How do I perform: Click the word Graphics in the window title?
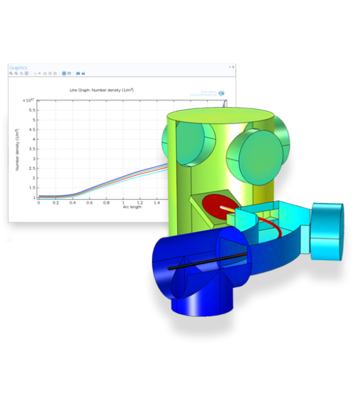(x=18, y=67)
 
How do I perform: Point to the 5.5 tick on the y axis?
(x=32, y=110)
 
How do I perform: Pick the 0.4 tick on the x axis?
(x=72, y=203)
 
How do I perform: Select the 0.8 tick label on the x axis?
(x=106, y=203)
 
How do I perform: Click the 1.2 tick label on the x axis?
(x=139, y=203)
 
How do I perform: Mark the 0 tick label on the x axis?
(x=39, y=203)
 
